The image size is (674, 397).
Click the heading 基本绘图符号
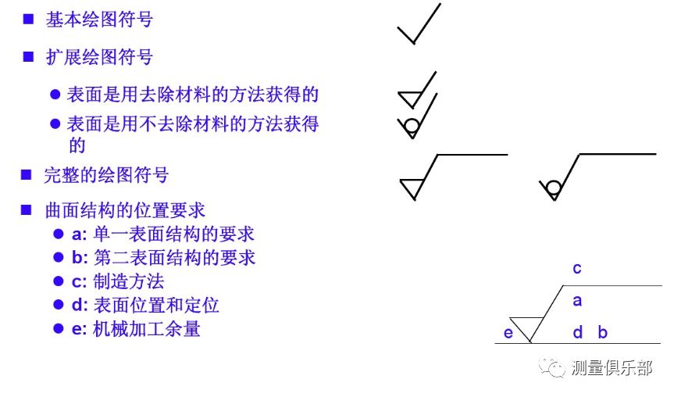[x=98, y=20]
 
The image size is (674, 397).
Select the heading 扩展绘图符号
[x=98, y=57]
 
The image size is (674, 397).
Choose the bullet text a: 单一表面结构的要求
[x=162, y=234]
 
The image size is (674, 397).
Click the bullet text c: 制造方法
[x=117, y=281]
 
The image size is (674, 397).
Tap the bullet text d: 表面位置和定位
[x=145, y=305]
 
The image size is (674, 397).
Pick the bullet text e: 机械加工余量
[x=136, y=329]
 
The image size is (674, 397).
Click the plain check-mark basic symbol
[x=419, y=25]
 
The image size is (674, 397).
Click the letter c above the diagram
[x=577, y=269]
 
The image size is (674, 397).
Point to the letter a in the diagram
[x=577, y=300]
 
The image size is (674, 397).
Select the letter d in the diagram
[x=578, y=333]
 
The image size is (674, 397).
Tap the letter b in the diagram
[x=603, y=333]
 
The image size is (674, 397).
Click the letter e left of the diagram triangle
[x=508, y=334]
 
